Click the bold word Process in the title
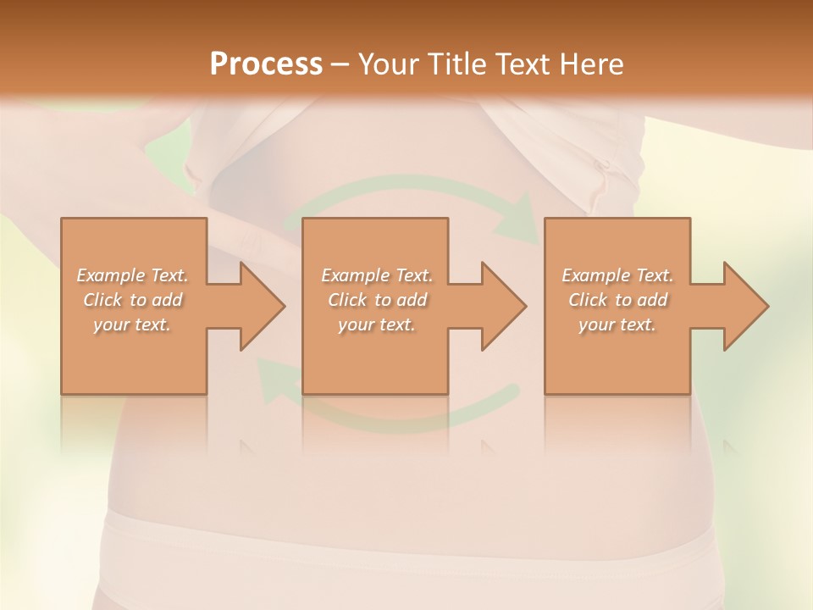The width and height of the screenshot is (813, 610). (266, 64)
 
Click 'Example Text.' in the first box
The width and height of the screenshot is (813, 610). (132, 275)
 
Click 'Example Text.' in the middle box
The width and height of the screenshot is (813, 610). (377, 275)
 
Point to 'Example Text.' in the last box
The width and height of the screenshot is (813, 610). (617, 275)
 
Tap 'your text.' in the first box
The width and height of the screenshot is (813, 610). (132, 324)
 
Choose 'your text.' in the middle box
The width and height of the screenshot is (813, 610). (377, 324)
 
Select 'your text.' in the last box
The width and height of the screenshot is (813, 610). (617, 324)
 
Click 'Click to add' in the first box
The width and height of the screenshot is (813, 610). (132, 300)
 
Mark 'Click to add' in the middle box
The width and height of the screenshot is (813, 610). (377, 300)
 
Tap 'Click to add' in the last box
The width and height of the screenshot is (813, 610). (617, 300)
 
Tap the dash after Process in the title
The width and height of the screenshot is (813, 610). (340, 64)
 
